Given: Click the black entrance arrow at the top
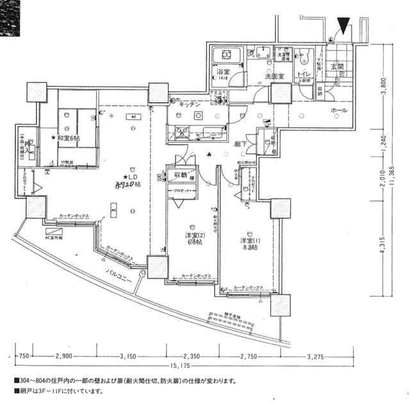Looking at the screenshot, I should [344, 26].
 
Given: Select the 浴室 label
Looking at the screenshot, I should [224, 72].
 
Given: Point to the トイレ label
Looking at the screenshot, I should [305, 74].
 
